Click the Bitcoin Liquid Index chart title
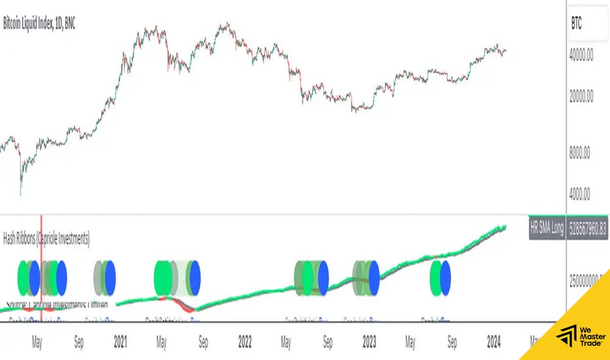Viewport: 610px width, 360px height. click(x=39, y=24)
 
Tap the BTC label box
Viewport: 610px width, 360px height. click(x=576, y=24)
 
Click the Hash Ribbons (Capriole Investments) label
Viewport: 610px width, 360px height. click(x=46, y=238)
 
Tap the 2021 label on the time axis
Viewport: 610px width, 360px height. click(x=120, y=342)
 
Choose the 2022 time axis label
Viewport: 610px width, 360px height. click(x=245, y=342)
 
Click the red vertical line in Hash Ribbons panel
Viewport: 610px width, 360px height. click(x=41, y=262)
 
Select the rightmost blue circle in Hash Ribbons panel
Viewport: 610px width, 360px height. click(x=445, y=278)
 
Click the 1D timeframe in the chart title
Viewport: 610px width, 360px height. click(x=59, y=24)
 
